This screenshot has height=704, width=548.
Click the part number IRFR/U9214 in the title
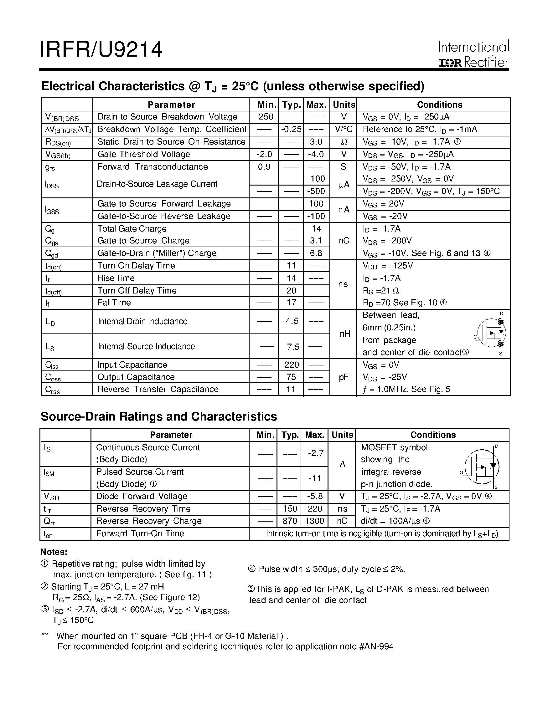click(x=101, y=50)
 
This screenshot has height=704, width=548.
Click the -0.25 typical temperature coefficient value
click(x=291, y=129)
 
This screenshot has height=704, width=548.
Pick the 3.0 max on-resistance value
click(x=316, y=142)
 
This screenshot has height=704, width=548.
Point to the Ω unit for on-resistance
click(x=344, y=142)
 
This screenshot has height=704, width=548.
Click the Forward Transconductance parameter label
click(x=153, y=167)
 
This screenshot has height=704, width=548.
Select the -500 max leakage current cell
click(x=316, y=191)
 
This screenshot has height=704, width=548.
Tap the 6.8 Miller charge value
click(x=316, y=253)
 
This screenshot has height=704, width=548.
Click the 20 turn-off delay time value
click(x=291, y=290)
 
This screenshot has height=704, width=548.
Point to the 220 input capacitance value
click(x=291, y=365)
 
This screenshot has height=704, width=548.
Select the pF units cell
click(x=344, y=377)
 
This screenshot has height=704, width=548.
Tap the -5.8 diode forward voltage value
click(x=315, y=496)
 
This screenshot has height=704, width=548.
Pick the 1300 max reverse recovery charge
click(x=314, y=521)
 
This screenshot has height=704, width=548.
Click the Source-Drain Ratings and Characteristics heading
click(x=159, y=416)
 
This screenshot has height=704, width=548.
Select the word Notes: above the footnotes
click(x=54, y=552)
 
